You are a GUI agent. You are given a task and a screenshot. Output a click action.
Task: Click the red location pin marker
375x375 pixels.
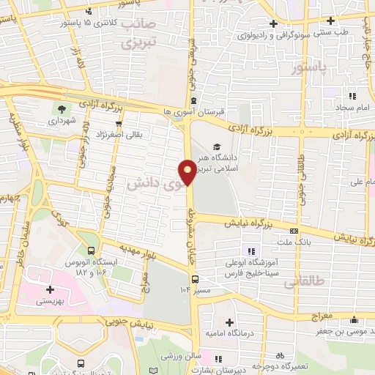[188, 171]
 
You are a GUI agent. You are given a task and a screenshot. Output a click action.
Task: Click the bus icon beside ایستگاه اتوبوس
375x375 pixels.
[90, 250]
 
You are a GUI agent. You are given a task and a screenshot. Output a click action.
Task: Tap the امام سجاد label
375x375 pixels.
[338, 108]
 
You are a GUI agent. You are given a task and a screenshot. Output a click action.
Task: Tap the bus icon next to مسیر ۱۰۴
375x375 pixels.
[195, 278]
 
